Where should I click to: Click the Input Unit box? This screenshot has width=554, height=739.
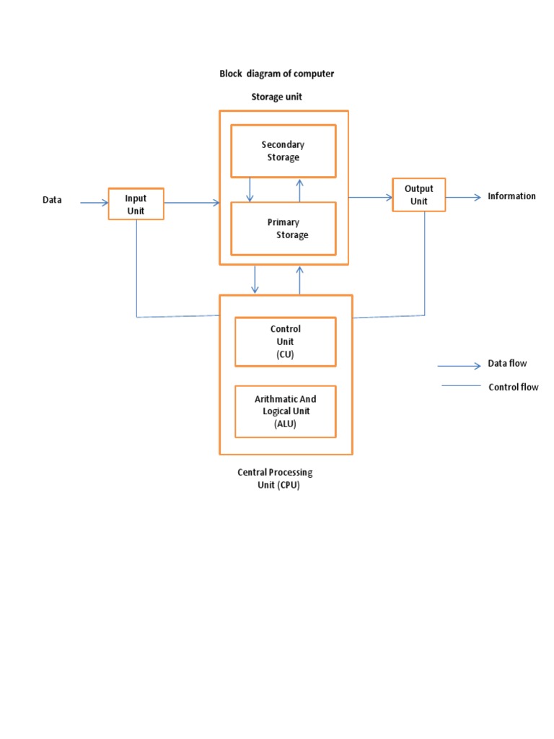pyautogui.click(x=136, y=204)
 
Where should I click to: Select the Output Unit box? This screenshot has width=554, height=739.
pyautogui.click(x=418, y=195)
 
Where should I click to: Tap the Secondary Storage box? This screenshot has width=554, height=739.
pyautogui.click(x=283, y=151)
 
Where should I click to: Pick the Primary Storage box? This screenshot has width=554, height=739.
pyautogui.click(x=283, y=229)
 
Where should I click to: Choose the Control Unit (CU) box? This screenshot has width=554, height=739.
pyautogui.click(x=285, y=341)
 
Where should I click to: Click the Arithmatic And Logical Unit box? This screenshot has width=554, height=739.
pyautogui.click(x=285, y=411)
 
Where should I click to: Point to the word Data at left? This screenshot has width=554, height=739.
pyautogui.click(x=52, y=201)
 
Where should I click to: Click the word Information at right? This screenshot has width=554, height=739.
pyautogui.click(x=511, y=196)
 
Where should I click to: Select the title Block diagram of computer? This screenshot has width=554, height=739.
pyautogui.click(x=276, y=74)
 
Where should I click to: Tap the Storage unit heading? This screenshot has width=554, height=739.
pyautogui.click(x=276, y=97)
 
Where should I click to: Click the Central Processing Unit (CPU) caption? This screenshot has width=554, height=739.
pyautogui.click(x=275, y=478)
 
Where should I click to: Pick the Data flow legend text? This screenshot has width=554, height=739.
pyautogui.click(x=507, y=364)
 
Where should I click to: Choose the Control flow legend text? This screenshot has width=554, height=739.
pyautogui.click(x=513, y=388)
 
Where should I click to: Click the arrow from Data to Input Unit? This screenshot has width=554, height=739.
pyautogui.click(x=94, y=203)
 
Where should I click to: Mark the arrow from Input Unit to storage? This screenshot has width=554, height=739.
pyautogui.click(x=192, y=203)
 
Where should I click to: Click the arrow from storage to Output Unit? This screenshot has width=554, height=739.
pyautogui.click(x=370, y=196)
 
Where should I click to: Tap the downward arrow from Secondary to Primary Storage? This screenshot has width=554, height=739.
pyautogui.click(x=250, y=189)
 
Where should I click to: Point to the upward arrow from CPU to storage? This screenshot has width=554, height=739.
pyautogui.click(x=299, y=280)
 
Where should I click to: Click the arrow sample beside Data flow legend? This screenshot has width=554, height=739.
pyautogui.click(x=460, y=366)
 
